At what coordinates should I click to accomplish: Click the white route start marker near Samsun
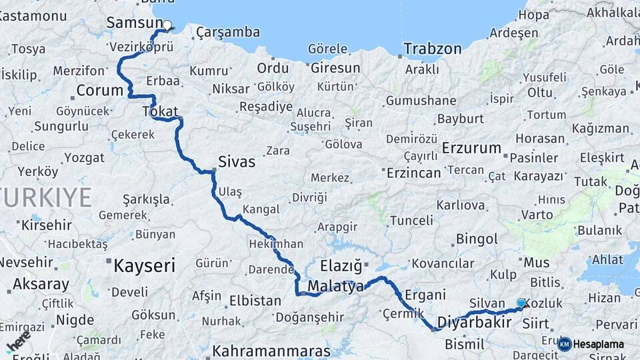[167, 26]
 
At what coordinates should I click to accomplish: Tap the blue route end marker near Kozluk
[521, 303]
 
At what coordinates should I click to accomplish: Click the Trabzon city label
[433, 49]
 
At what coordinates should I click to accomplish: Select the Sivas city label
[237, 161]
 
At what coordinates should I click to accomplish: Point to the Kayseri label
[145, 265]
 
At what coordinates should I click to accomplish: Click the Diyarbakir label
[474, 323]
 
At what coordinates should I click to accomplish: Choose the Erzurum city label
[471, 148]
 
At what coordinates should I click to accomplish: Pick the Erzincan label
[414, 173]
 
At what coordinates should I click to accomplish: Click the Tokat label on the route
[158, 111]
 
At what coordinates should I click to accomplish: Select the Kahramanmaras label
[271, 351]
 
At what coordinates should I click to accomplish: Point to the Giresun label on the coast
[335, 68]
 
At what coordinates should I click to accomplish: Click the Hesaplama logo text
[597, 345]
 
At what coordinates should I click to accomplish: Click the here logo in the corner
[18, 341]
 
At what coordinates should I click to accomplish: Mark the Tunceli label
[411, 220]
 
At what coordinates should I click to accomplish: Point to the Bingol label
[477, 239]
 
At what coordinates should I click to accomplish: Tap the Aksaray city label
[41, 284]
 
